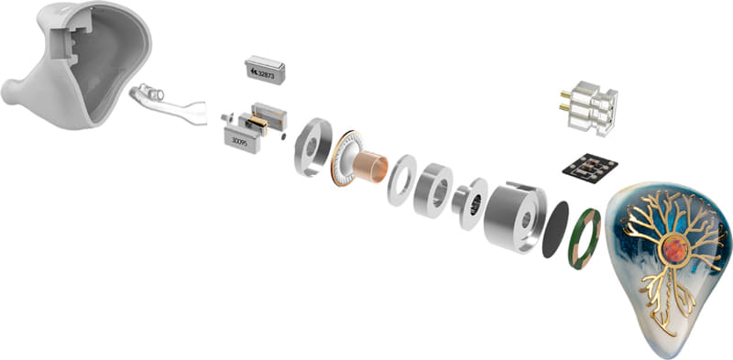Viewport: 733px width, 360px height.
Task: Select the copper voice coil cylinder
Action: pos(370,167)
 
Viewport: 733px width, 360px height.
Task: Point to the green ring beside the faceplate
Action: pos(585,239)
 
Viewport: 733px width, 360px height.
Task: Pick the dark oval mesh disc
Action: pos(555,230)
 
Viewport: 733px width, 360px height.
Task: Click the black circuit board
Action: pos(590,168)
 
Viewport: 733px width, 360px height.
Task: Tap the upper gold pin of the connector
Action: pos(565,94)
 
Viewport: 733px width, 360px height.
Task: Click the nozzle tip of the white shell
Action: pos(8,93)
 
